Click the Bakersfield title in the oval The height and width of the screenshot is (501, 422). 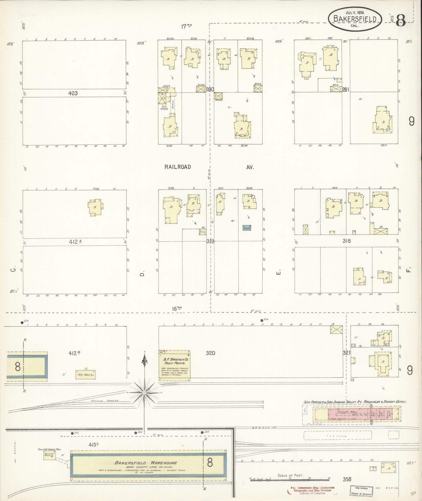[355, 19]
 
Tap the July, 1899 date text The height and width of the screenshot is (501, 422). [355, 12]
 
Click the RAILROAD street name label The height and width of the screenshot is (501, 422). [178, 167]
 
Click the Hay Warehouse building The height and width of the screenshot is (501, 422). [85, 375]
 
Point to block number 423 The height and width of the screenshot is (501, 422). [73, 93]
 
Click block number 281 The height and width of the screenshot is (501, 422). [346, 90]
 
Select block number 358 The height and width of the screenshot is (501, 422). [347, 480]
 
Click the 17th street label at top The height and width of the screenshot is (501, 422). [186, 26]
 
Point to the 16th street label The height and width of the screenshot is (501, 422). [177, 309]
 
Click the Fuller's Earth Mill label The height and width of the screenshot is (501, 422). [49, 449]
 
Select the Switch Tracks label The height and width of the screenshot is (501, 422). [105, 401]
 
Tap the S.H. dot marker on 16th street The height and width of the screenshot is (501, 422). [262, 320]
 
